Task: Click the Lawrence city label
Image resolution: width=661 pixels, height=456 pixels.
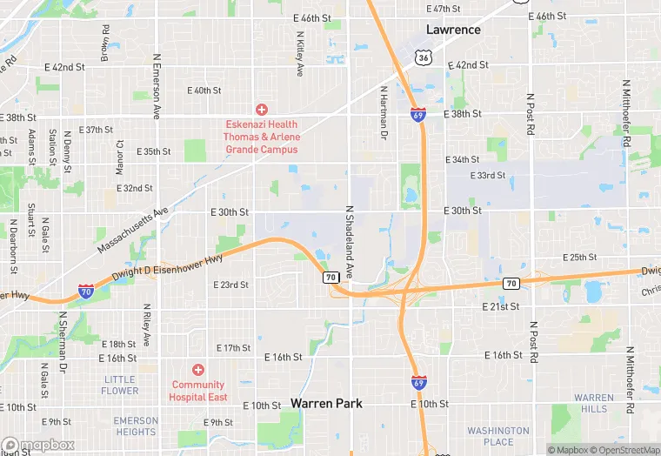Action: click(453, 30)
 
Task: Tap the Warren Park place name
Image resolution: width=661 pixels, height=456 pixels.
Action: click(326, 403)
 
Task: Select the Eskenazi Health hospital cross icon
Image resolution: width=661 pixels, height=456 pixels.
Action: click(261, 109)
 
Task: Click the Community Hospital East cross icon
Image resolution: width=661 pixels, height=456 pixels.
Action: click(198, 370)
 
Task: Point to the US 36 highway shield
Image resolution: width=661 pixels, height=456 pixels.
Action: click(423, 57)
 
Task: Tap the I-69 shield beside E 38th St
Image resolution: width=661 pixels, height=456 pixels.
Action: click(417, 114)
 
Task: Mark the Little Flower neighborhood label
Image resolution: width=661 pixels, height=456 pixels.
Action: click(120, 385)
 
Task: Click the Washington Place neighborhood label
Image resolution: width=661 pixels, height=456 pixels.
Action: click(498, 436)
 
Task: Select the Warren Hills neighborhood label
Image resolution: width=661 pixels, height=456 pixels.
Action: click(594, 403)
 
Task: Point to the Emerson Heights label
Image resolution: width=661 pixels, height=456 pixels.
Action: click(136, 426)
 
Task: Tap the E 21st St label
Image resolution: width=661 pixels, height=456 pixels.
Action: click(501, 306)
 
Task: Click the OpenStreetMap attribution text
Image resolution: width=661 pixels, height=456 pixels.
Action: click(623, 450)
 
